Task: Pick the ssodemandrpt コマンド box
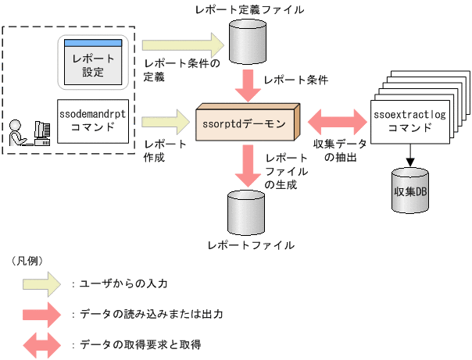[x=98, y=120]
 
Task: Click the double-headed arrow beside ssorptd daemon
[x=338, y=122]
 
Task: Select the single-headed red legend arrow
[x=45, y=315]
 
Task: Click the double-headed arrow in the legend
[x=45, y=344]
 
